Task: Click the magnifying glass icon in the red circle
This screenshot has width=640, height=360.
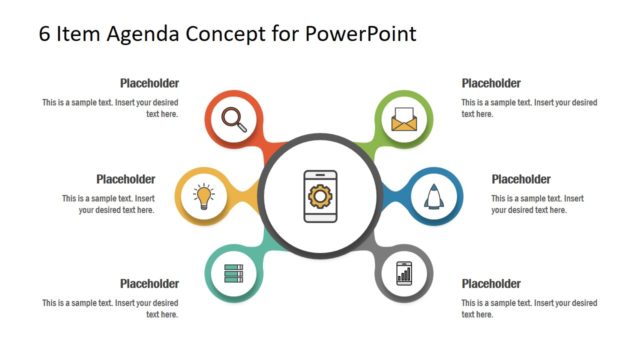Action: [234, 120]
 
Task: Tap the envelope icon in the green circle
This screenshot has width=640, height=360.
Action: [404, 120]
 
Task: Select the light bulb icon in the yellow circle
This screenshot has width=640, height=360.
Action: [204, 194]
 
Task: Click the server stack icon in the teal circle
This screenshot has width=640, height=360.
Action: [234, 271]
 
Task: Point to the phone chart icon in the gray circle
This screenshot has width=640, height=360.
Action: [404, 271]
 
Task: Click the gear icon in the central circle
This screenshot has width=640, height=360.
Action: [320, 194]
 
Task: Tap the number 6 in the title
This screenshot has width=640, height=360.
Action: [45, 33]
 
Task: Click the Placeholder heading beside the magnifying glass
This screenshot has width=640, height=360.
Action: [149, 83]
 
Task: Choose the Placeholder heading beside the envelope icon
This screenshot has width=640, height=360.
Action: [491, 83]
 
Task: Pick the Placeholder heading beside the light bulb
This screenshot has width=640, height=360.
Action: [125, 179]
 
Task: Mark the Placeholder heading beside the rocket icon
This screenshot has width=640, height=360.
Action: [521, 179]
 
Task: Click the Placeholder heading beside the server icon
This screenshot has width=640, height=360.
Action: [149, 283]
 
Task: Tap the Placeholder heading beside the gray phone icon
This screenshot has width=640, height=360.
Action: [491, 283]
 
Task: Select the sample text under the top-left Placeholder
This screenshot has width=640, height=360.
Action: [110, 108]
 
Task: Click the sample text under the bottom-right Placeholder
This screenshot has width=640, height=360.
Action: [529, 308]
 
